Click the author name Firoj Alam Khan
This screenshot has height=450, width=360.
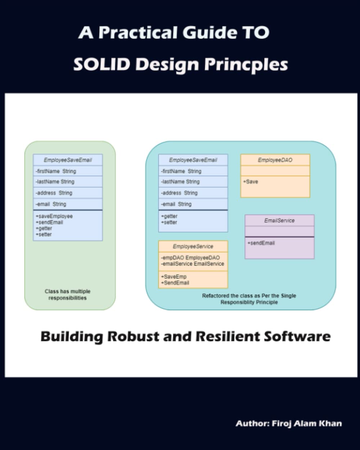(x=306, y=423)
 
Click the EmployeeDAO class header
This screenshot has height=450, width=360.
(x=275, y=160)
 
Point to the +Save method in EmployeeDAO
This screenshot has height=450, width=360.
(x=251, y=182)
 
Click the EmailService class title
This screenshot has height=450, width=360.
(x=279, y=220)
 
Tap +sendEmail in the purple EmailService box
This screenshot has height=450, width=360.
(x=261, y=243)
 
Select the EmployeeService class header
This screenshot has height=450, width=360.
(x=193, y=246)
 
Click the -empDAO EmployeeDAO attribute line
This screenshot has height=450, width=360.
(x=190, y=258)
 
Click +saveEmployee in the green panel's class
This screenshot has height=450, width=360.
(x=54, y=216)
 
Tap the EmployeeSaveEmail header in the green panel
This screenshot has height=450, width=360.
(x=68, y=160)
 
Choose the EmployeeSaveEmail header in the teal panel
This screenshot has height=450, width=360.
(x=193, y=160)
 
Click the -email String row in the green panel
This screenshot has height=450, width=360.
(x=51, y=204)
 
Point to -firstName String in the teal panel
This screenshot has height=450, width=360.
(x=181, y=171)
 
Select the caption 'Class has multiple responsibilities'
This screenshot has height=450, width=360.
(x=68, y=294)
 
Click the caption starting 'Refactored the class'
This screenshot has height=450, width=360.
(x=249, y=299)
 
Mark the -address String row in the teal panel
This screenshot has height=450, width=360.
(x=179, y=193)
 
